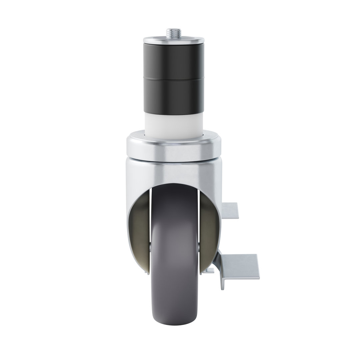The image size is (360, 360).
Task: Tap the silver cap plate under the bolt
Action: pos(173,41)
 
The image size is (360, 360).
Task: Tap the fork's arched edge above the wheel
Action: pos(173,184)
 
